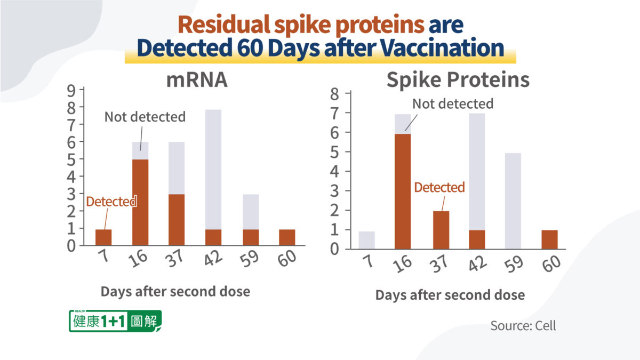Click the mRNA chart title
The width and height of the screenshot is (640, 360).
(x=197, y=80)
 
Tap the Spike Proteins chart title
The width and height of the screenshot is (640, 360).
(x=458, y=80)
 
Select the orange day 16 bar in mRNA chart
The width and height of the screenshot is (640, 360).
(x=140, y=202)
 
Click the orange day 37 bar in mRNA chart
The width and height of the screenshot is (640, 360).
(x=177, y=220)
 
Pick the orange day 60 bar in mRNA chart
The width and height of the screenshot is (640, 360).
(x=286, y=237)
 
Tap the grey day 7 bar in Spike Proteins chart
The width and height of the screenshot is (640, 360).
(x=366, y=239)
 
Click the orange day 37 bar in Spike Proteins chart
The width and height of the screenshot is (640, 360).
(x=441, y=230)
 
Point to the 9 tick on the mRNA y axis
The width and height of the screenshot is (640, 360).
(x=71, y=90)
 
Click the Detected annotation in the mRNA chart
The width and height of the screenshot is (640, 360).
(x=111, y=202)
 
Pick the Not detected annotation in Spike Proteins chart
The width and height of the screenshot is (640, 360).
(x=453, y=103)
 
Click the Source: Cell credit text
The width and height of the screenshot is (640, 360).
(x=523, y=325)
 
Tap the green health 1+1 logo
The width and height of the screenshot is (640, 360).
(x=115, y=321)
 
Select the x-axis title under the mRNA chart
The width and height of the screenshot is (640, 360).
(x=175, y=292)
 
